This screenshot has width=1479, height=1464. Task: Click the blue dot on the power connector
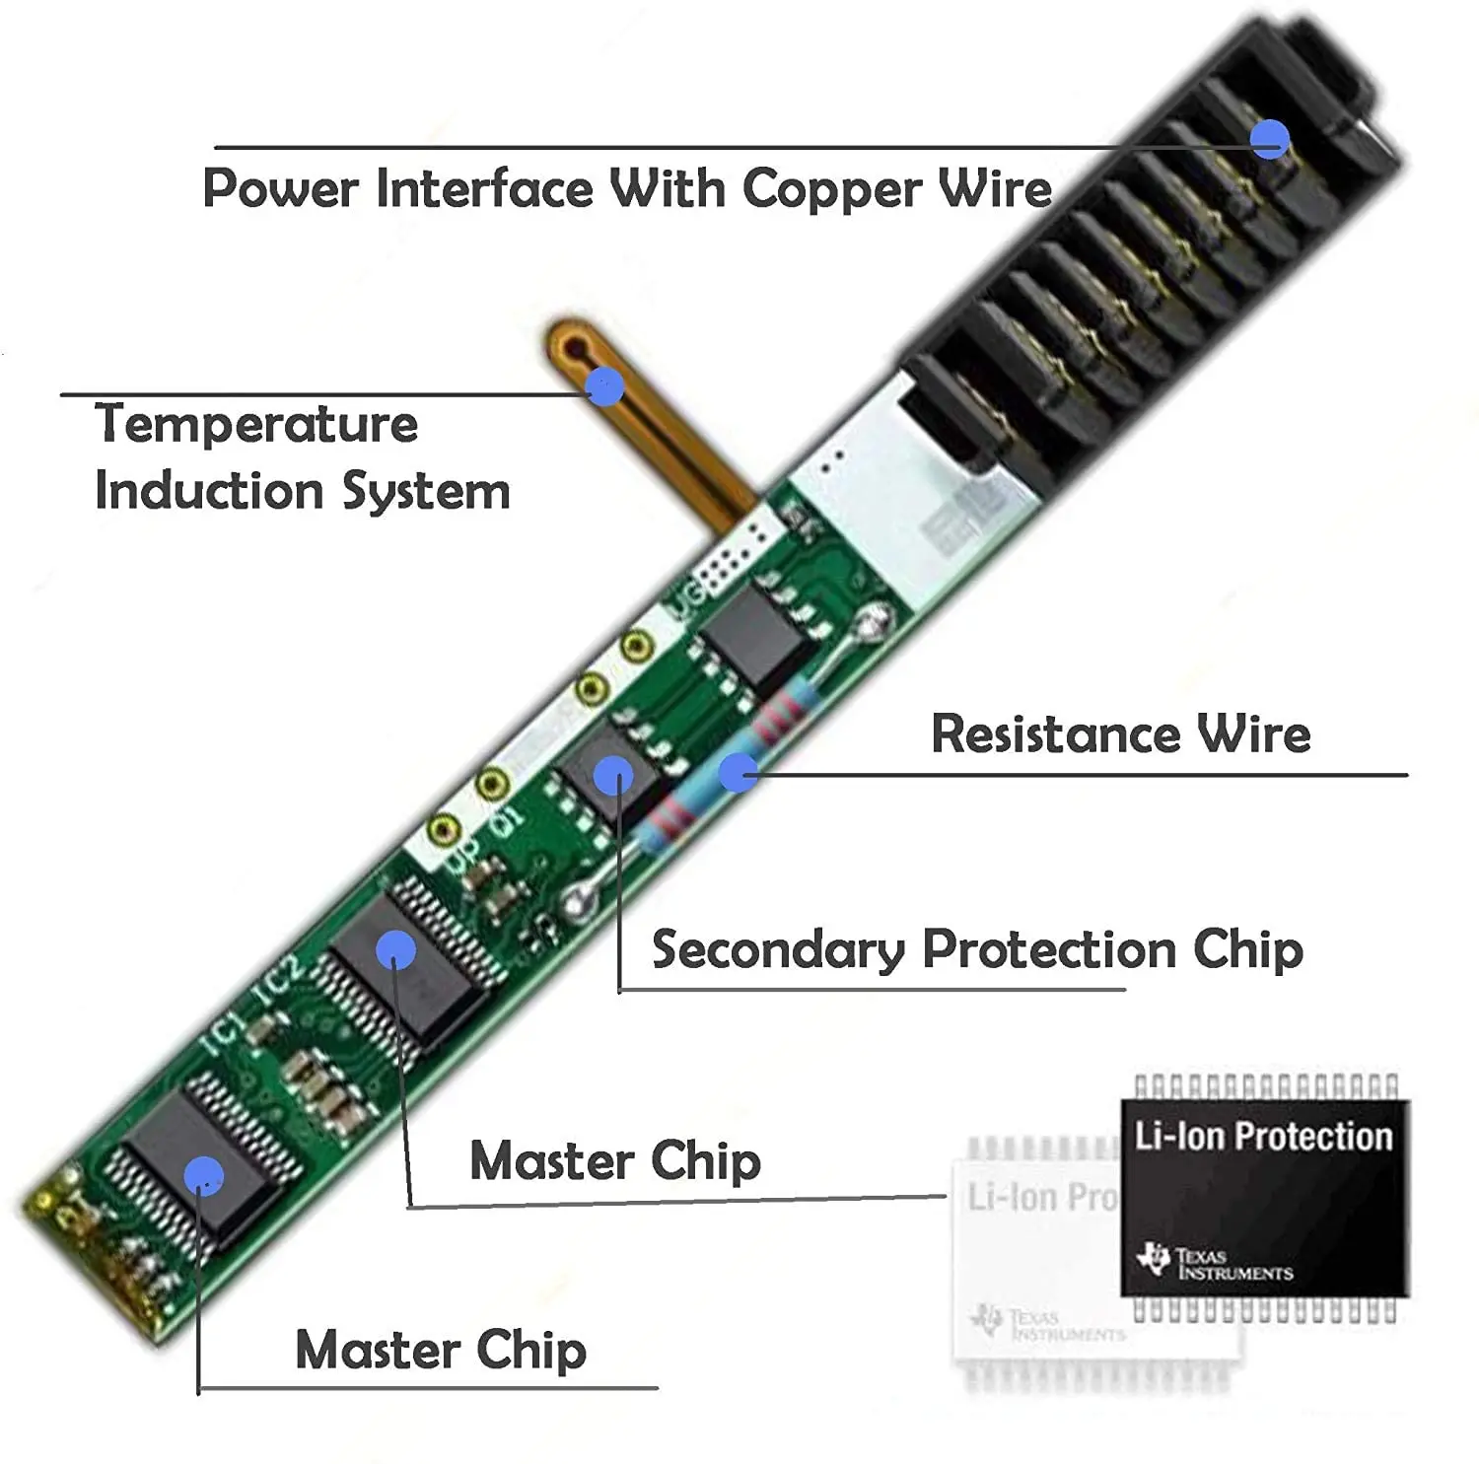(x=1270, y=139)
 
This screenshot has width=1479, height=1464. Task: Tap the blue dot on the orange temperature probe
(x=604, y=385)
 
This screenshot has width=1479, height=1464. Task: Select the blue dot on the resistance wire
(x=738, y=772)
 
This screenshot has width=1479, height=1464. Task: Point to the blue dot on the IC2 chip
(x=395, y=949)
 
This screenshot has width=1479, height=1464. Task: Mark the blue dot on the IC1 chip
(x=204, y=1175)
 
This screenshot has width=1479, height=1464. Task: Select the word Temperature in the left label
(x=256, y=425)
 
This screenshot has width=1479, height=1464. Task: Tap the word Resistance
(x=1055, y=734)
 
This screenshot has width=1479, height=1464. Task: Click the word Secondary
(x=778, y=950)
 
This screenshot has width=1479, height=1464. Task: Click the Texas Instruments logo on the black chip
(x=1215, y=1263)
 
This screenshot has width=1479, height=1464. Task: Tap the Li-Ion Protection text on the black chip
(x=1263, y=1137)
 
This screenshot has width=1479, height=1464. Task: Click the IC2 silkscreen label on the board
(x=279, y=980)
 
